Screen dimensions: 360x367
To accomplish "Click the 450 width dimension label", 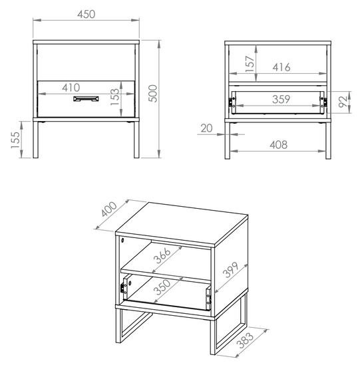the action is pos(87,14).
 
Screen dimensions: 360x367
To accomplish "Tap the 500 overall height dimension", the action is pos(153,93).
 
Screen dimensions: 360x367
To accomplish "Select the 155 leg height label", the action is pos(15,140).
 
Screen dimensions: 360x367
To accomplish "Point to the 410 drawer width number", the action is pos(71,88).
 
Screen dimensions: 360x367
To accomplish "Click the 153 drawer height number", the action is pos(114,97).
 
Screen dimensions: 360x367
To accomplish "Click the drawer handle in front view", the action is pos(86,99).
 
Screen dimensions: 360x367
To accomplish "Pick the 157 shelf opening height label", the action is pos(250,64).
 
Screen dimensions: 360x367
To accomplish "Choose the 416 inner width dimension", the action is pos(281,67).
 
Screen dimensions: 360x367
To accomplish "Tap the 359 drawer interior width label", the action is pos(281,99).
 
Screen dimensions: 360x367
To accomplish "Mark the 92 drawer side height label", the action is pos(343,101).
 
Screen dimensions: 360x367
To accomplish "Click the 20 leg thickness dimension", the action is pos(206,128).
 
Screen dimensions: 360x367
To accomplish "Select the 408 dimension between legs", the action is pos(279,145).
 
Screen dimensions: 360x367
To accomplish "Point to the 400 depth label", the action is pos(109,209).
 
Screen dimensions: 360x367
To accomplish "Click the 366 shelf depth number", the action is pos(162,255).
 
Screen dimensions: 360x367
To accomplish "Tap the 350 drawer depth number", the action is pos(162,287).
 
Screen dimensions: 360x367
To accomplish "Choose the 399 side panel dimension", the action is pos(230,270).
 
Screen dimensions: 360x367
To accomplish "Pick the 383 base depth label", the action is pos(245,340).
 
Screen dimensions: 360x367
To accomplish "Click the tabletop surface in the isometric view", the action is pos(182,224).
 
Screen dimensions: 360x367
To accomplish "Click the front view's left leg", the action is pos(36,140).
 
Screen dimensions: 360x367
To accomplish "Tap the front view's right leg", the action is pos(136,140).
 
